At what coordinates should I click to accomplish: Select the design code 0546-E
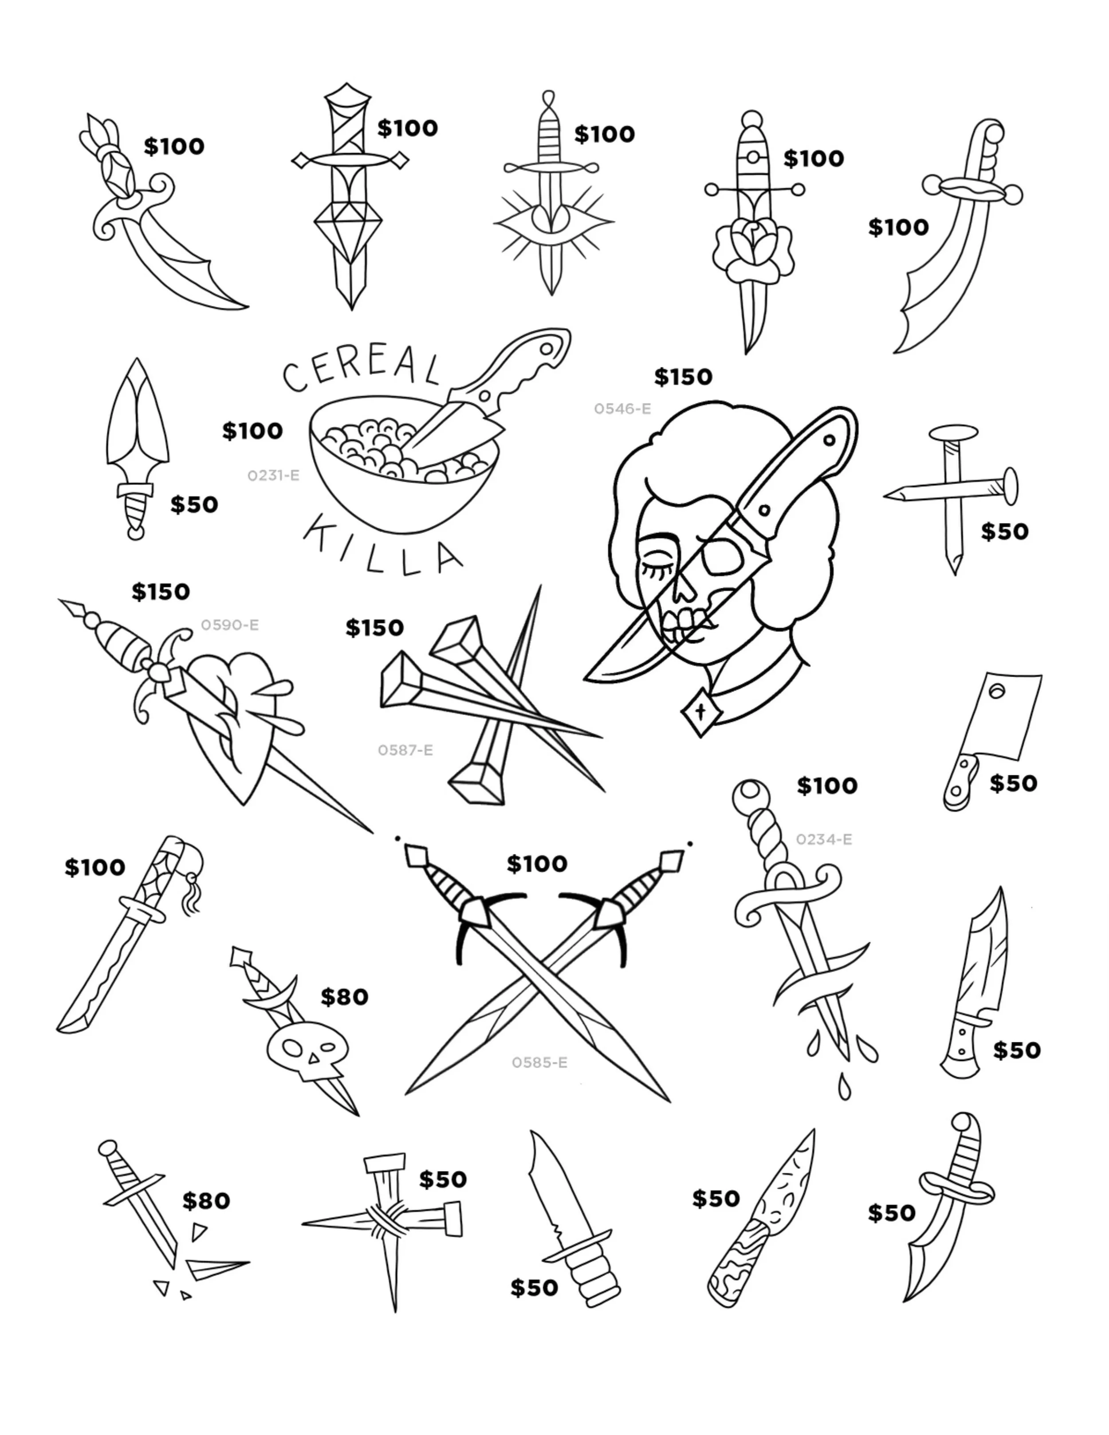point(622,409)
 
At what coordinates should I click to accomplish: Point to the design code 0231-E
point(273,475)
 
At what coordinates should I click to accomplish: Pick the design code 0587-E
point(405,750)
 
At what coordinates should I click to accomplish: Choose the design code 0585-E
point(539,1062)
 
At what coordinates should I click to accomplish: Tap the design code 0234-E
point(824,839)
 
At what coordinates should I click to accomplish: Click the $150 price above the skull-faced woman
point(683,377)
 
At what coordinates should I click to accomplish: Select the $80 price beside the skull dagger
point(344,997)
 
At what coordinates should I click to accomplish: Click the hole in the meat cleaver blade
point(997,691)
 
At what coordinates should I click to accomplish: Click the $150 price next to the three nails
point(374,628)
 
